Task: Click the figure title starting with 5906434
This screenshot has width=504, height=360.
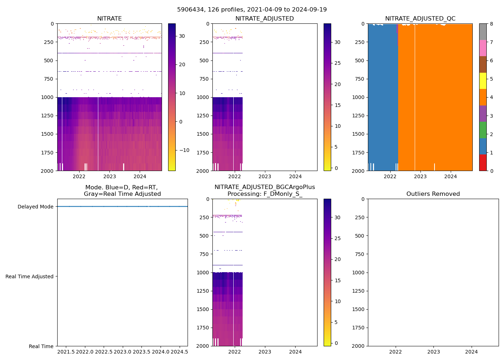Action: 252,10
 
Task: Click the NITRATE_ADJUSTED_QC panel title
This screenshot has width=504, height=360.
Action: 420,19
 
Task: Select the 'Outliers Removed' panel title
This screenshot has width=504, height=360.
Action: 433,194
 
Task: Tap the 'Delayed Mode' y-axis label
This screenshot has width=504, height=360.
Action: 35,207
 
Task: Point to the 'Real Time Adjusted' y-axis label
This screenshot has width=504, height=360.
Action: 30,276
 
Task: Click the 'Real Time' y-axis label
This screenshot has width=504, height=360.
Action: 41,346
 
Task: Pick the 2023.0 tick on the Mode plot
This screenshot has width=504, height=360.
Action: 123,352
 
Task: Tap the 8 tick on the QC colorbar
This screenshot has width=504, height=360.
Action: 491,24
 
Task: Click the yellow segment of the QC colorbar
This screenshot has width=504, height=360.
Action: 483,81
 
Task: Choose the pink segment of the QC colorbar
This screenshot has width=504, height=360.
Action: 483,48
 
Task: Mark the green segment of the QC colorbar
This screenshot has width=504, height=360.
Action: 483,130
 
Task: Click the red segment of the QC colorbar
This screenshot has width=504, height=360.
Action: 483,163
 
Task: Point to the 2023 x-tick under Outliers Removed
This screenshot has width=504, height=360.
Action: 433,352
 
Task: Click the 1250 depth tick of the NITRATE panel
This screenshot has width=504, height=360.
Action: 49,116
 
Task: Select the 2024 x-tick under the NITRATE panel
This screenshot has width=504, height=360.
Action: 140,176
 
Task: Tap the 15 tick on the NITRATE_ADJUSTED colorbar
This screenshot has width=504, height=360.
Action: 337,105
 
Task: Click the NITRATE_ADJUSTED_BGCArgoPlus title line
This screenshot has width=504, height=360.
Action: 265,187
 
